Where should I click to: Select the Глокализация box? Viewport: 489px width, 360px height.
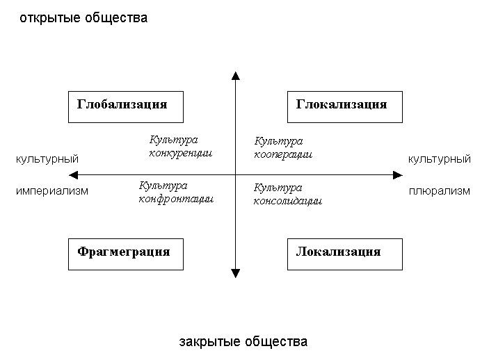click(x=344, y=106)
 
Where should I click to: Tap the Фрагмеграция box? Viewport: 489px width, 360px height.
click(x=125, y=252)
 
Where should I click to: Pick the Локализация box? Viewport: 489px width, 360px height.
click(x=344, y=252)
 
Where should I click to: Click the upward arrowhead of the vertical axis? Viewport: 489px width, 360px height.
click(x=236, y=76)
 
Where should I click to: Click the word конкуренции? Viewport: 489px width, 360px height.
click(x=181, y=152)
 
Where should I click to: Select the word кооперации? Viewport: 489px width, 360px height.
click(x=283, y=154)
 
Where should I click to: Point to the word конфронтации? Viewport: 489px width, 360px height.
click(x=176, y=198)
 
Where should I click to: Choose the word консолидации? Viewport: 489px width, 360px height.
click(x=287, y=200)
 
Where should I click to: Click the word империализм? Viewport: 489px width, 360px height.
click(x=52, y=191)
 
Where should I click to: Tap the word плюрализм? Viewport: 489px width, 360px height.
click(x=440, y=191)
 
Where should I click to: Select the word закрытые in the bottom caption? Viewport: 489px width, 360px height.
click(x=205, y=342)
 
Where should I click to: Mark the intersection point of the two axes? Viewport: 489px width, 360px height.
click(x=236, y=174)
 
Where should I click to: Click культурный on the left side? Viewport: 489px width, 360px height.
click(x=47, y=159)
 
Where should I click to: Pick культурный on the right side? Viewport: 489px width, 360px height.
click(x=440, y=159)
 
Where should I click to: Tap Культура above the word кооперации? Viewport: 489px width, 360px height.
click(x=278, y=142)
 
